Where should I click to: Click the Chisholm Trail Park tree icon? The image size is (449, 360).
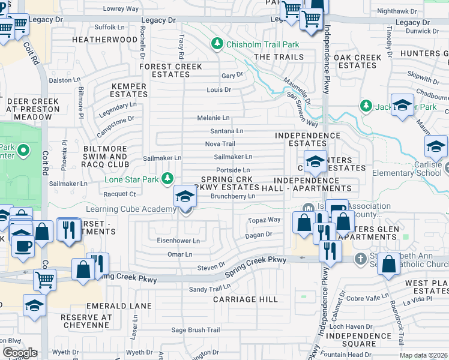tap(217, 44)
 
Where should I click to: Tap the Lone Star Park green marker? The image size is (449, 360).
tap(169, 179)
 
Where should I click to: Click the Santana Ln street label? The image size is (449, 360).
tap(226, 131)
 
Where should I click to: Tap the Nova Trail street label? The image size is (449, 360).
tap(220, 144)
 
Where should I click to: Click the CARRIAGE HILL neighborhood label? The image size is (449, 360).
tap(246, 299)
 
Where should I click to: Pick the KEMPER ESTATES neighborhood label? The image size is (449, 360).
tap(129, 91)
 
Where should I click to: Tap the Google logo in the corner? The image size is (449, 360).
tap(20, 352)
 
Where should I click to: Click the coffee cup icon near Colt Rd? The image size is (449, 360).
tap(24, 245)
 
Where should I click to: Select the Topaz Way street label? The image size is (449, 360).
tap(264, 220)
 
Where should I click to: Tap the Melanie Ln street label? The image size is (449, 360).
tap(214, 118)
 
